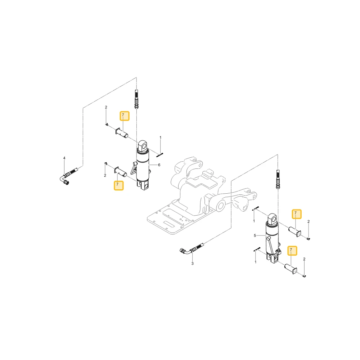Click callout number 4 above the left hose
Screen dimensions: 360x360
(x=64, y=158)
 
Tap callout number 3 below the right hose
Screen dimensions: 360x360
(x=192, y=264)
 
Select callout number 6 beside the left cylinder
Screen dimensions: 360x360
(x=159, y=165)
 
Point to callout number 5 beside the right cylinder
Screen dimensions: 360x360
(x=255, y=235)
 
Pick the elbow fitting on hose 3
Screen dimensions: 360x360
(x=185, y=251)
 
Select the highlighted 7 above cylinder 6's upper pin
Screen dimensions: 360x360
(x=125, y=116)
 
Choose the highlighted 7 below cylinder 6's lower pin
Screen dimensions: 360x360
(x=119, y=185)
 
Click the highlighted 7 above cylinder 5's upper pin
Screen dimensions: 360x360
(x=296, y=214)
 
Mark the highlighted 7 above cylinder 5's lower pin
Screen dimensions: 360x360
(x=292, y=251)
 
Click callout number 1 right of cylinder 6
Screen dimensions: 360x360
(x=161, y=138)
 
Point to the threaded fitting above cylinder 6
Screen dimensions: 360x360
(x=136, y=99)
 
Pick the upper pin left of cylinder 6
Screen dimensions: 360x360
(x=122, y=133)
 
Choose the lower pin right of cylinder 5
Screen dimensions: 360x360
(x=291, y=269)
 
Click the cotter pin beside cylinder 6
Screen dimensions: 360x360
(x=159, y=155)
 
